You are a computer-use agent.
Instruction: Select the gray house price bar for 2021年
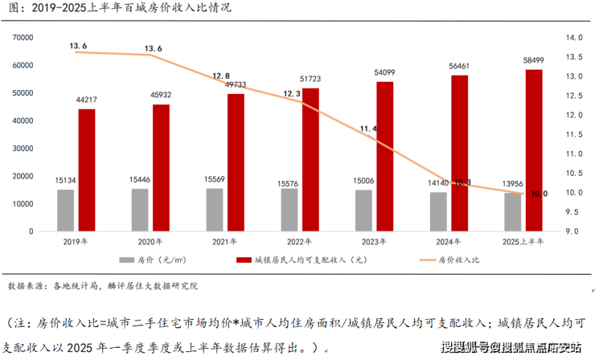tap(215, 210)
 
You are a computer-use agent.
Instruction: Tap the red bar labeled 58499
tap(534, 150)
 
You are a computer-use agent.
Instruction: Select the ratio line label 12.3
tap(291, 94)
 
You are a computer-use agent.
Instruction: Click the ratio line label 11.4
tap(369, 129)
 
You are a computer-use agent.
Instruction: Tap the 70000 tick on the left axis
tap(22, 38)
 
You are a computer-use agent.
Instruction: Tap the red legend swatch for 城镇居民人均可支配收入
tap(244, 260)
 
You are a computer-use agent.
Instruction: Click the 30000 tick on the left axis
tap(22, 149)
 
